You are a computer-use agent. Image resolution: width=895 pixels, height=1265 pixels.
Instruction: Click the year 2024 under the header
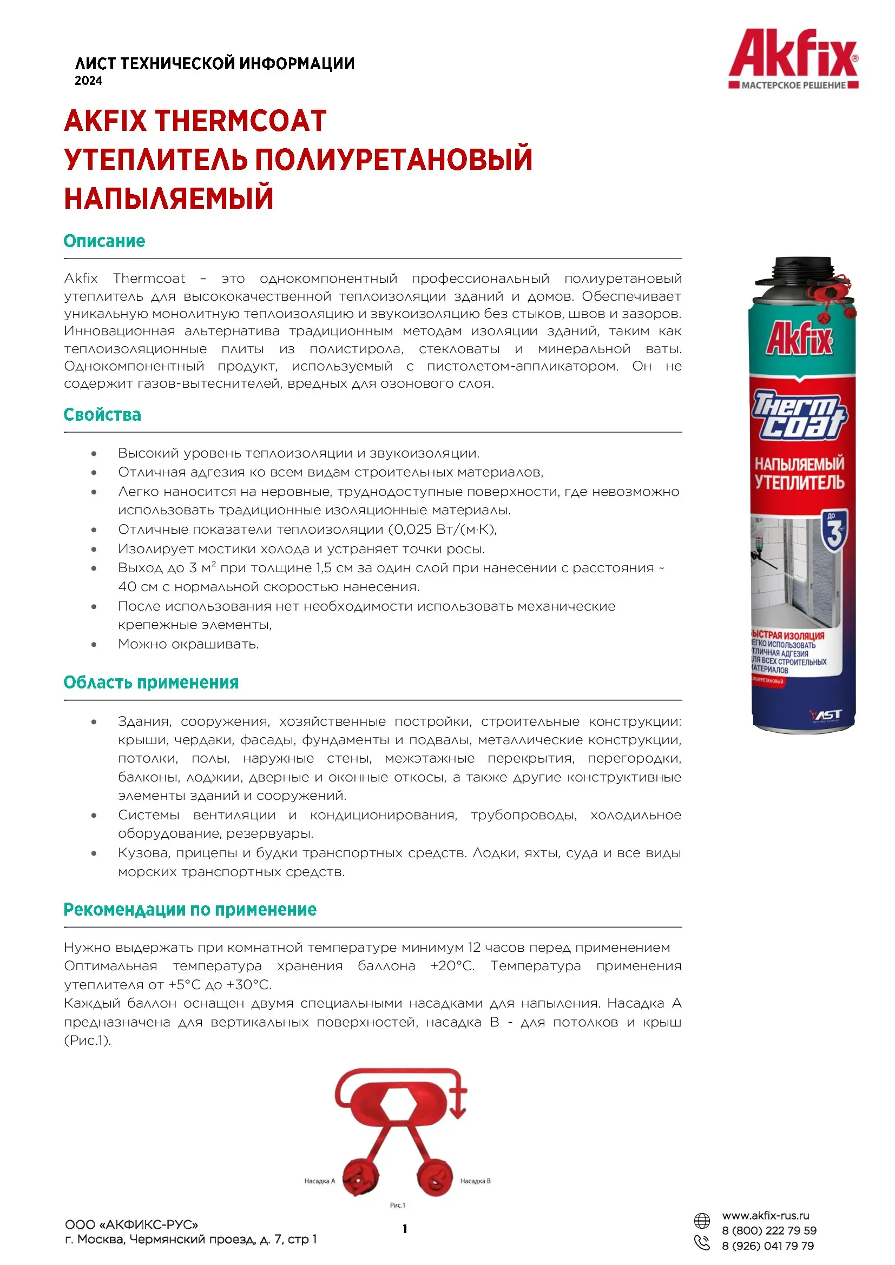(x=88, y=81)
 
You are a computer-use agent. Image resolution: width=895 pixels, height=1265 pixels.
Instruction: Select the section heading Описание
(x=104, y=241)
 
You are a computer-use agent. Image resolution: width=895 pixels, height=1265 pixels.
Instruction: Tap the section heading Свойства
(x=102, y=414)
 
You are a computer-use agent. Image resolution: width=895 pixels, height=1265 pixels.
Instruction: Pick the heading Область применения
(x=151, y=682)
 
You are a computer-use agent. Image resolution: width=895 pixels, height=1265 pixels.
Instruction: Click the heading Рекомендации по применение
(x=189, y=909)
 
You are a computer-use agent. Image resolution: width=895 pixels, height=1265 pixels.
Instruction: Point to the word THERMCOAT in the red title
(x=240, y=121)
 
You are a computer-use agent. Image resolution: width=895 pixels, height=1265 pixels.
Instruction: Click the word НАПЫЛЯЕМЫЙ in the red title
(x=169, y=198)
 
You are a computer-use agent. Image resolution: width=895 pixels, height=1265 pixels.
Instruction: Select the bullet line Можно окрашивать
(x=188, y=644)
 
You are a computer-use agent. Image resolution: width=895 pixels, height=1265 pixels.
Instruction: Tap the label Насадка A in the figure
(x=319, y=1181)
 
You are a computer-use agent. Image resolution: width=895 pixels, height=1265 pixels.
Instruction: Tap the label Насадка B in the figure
(x=475, y=1181)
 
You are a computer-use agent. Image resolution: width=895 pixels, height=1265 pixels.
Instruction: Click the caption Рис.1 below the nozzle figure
(x=397, y=1205)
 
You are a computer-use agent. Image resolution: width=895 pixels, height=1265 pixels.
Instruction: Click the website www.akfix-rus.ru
(x=766, y=1215)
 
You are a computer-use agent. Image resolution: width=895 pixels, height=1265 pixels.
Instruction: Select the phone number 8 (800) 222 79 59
(x=769, y=1230)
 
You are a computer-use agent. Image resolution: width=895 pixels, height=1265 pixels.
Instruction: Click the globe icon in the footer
(x=702, y=1221)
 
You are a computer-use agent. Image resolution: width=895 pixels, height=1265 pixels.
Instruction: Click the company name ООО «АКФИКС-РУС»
(x=131, y=1224)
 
